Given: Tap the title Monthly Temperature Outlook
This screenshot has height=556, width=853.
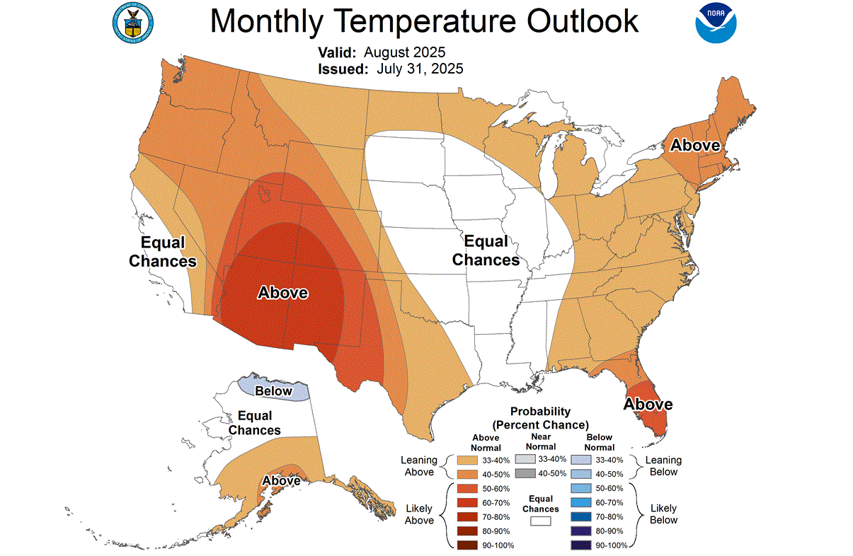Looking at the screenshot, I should (424, 21).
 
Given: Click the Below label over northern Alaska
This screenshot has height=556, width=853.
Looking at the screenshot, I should (273, 391).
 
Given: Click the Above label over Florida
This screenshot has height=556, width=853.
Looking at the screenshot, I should (648, 404).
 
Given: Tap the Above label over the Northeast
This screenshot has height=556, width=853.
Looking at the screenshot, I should (695, 145).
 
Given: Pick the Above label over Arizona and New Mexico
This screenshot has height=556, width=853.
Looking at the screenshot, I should (282, 292).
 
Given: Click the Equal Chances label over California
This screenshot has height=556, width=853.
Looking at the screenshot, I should (162, 252).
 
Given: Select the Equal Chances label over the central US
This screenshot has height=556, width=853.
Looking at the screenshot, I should (486, 250).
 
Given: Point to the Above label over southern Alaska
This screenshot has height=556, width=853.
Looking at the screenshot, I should (281, 481).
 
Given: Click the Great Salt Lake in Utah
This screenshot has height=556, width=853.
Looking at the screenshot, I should (266, 193).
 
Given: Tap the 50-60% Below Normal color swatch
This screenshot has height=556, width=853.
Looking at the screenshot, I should (579, 488).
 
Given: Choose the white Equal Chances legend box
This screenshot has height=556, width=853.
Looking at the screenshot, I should (542, 521).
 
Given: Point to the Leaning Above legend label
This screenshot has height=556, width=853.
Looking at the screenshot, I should (419, 466).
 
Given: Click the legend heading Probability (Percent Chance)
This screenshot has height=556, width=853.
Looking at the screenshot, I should (541, 418).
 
